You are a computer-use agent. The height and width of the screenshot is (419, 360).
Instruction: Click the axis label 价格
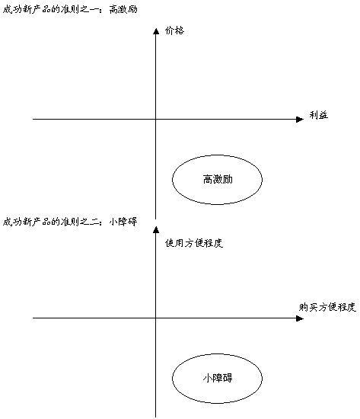(174, 30)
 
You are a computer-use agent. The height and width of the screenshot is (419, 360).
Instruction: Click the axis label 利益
(319, 115)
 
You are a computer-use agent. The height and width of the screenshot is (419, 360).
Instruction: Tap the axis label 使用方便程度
(194, 243)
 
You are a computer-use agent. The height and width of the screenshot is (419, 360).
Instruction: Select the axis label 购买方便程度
(327, 307)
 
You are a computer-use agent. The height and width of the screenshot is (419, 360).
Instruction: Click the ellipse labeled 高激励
(172, 180)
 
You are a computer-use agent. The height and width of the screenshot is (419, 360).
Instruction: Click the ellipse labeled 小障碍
(172, 379)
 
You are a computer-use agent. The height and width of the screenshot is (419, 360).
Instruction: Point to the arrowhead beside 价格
(156, 31)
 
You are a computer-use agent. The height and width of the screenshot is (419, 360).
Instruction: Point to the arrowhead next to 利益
(300, 119)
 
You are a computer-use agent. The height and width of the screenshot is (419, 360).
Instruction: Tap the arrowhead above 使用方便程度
(156, 229)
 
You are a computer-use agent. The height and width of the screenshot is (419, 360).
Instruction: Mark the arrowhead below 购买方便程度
(300, 318)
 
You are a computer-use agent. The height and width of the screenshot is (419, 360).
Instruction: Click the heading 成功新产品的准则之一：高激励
(70, 10)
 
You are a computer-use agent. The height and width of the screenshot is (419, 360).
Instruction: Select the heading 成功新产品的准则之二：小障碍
(70, 222)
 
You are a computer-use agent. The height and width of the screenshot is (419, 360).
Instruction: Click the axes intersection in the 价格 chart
(156, 119)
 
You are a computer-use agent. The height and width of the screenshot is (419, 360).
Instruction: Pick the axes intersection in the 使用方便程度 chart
(156, 318)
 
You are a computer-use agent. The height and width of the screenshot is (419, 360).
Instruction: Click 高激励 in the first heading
(123, 10)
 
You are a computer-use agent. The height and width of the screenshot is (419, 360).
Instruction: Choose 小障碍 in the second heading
(123, 222)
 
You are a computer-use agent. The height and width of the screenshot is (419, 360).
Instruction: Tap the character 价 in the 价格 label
(170, 30)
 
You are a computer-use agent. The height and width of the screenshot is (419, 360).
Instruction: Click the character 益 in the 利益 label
(323, 115)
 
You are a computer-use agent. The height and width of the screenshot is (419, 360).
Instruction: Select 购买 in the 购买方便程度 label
(308, 307)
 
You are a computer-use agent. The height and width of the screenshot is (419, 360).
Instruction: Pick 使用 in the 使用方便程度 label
(174, 243)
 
